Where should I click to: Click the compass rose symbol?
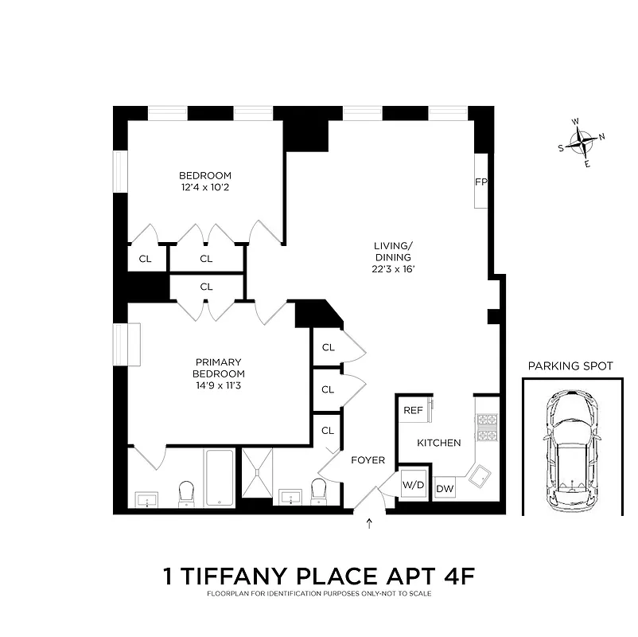(585, 144)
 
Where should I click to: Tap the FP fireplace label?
(480, 182)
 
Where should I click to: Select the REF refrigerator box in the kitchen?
(412, 411)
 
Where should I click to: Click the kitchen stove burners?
(486, 427)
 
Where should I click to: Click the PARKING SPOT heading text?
(570, 366)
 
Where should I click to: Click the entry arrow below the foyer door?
(369, 523)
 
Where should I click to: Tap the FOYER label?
(367, 460)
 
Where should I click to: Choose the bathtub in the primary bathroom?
(219, 478)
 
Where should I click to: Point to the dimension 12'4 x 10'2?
(204, 188)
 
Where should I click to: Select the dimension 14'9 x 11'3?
(219, 385)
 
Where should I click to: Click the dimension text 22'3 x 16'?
(393, 269)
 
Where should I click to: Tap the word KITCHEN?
(439, 443)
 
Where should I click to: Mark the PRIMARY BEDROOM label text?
(219, 368)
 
